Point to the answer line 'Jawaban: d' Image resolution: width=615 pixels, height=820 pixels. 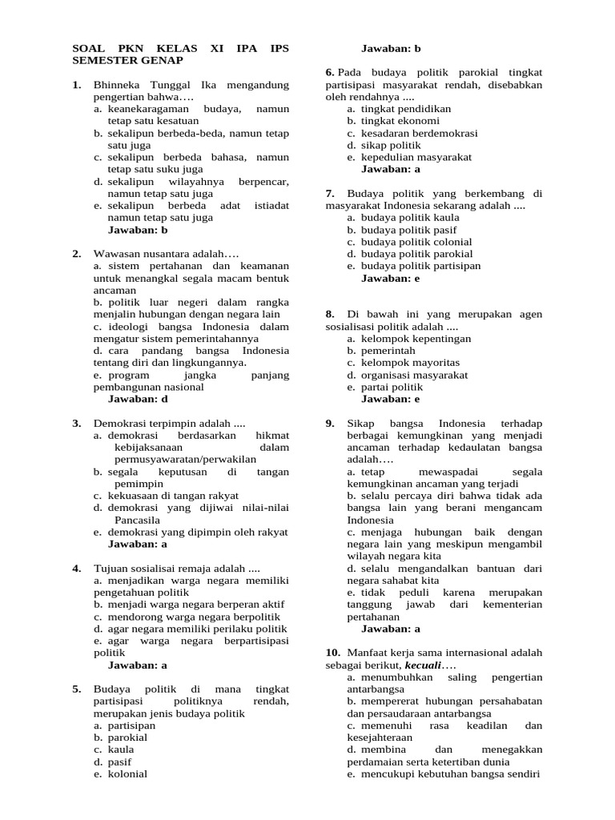pos(138,399)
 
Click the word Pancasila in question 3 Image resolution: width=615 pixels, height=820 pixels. pos(138,520)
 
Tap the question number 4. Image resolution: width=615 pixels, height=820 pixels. pos(76,568)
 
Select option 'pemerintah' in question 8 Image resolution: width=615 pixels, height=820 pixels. pos(388,351)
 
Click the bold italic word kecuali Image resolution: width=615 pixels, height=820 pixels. pos(423,666)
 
